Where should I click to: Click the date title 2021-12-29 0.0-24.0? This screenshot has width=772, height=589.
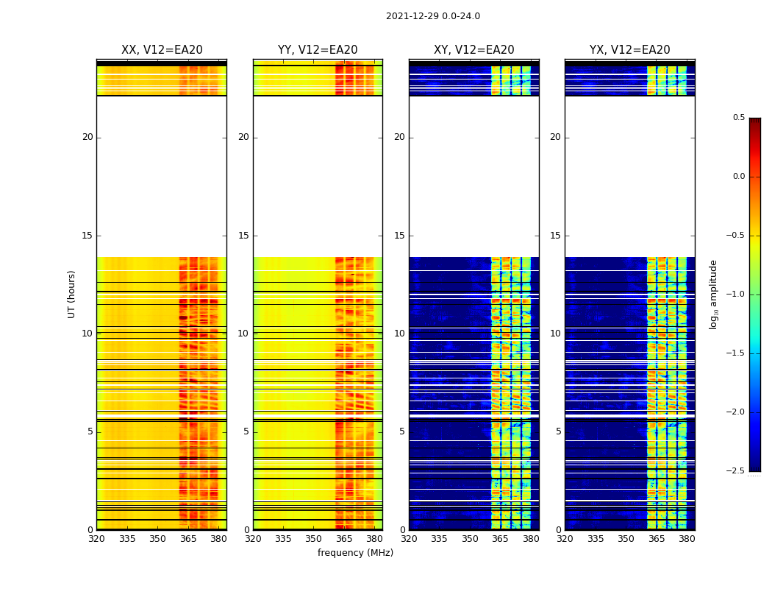point(432,16)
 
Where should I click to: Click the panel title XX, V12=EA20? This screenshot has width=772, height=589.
point(162,50)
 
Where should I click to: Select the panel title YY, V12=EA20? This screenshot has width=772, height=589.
point(318,50)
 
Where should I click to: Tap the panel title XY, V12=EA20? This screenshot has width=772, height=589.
point(473,50)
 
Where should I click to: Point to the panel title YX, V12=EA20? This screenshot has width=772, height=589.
point(629,50)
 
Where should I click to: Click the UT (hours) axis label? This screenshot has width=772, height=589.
point(71,294)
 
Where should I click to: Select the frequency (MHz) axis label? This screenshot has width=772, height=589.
point(355,553)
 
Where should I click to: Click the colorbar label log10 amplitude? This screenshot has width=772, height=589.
point(713,294)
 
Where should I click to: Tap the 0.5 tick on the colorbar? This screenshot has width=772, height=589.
point(738,118)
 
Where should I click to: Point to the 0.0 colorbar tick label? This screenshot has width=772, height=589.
point(738,177)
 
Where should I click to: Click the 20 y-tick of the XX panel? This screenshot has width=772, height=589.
point(87,137)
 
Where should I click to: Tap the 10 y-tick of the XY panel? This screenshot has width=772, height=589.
point(399,334)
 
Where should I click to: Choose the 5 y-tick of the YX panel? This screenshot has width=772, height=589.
point(558,431)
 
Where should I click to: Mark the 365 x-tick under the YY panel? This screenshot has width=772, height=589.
point(344,539)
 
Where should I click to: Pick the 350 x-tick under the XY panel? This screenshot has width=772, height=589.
point(470,539)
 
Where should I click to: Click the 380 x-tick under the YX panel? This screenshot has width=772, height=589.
point(687,539)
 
